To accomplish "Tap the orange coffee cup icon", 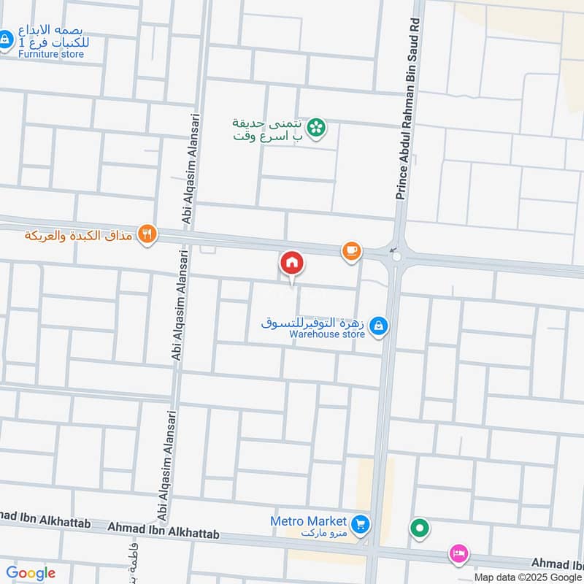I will (352, 251).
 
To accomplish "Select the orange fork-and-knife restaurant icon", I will (147, 234).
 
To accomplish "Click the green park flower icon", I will (316, 128).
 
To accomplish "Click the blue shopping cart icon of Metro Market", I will (359, 524).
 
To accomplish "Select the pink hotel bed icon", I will (459, 554).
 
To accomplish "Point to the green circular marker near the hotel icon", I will (420, 527).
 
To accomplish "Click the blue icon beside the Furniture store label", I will (6, 39).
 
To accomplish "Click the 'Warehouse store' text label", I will (326, 335).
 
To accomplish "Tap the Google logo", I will (31, 573).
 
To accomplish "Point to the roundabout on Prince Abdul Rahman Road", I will (396, 255).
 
